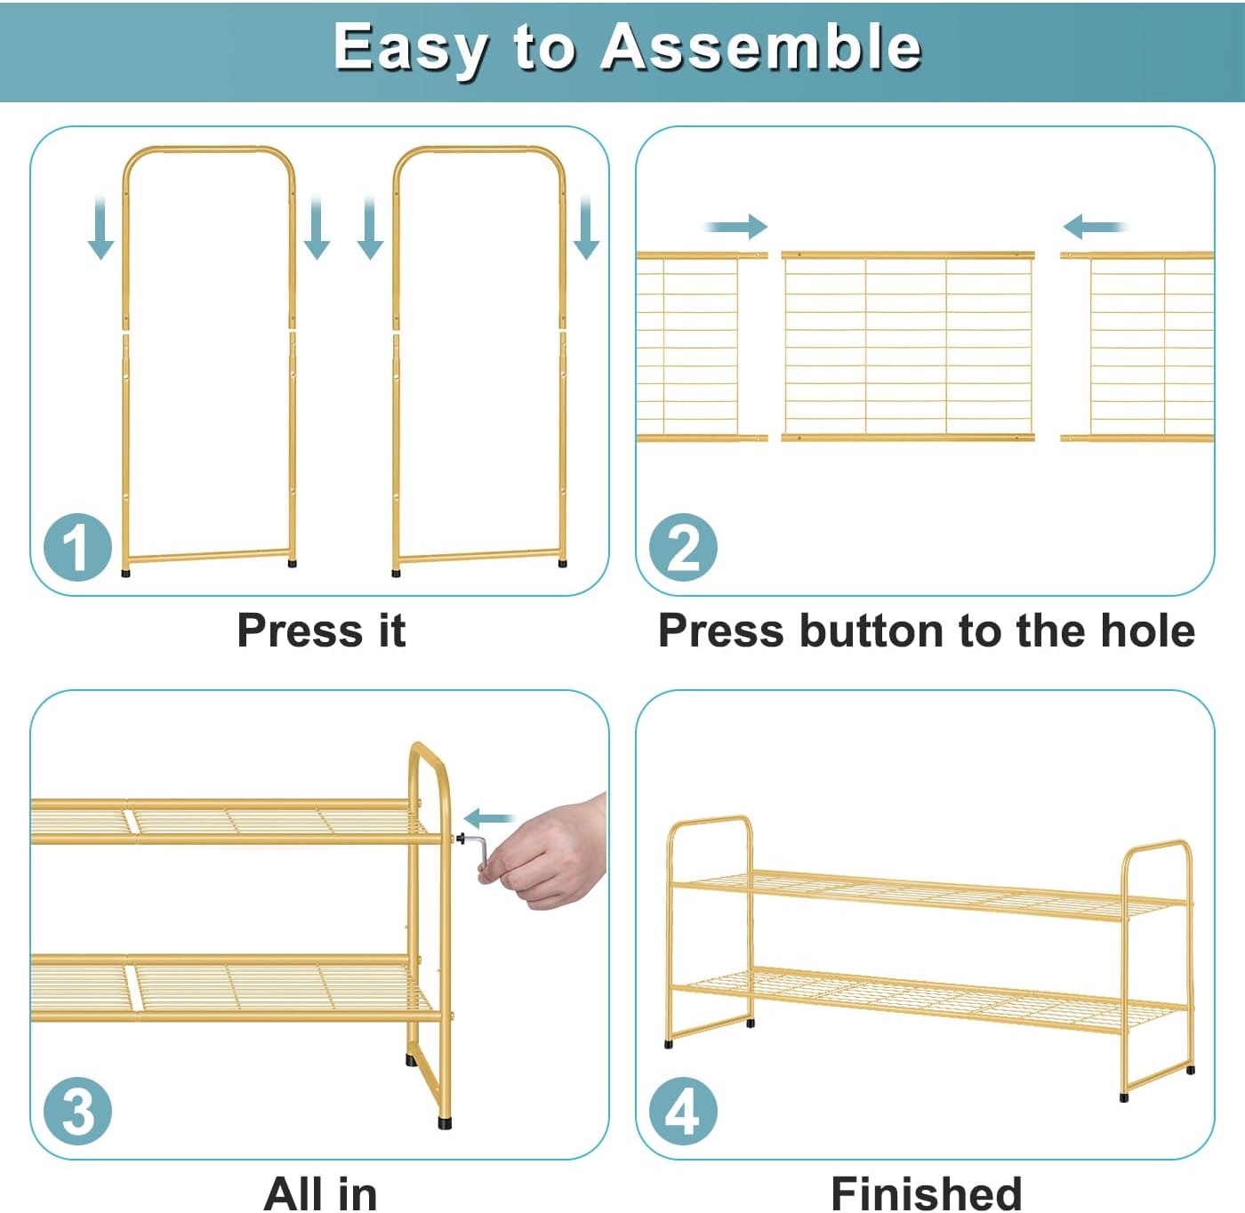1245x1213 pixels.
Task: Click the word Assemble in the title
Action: coord(760,47)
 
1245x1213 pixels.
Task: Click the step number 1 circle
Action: coord(77,547)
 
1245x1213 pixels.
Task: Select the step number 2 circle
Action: coord(683,547)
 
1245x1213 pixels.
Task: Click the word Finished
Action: coord(926,1193)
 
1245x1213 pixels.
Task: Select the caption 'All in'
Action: coord(320,1193)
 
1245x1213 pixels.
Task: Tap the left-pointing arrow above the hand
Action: coord(490,818)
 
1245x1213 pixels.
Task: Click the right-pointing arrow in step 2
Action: coord(735,227)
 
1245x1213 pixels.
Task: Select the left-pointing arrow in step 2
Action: coord(1095,227)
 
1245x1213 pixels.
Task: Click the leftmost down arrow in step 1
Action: coord(100,228)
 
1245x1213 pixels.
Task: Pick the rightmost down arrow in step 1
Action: coord(585,228)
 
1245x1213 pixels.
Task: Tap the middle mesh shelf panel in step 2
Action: coord(908,346)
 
